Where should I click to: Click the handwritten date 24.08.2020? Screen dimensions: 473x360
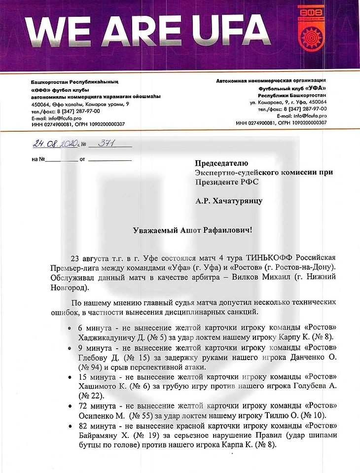(55, 144)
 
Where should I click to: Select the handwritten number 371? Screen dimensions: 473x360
(106, 144)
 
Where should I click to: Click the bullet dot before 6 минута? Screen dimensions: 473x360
(73, 328)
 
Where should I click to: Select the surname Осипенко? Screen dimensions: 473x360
(98, 416)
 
